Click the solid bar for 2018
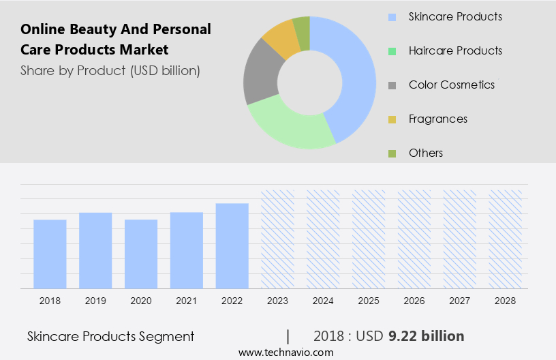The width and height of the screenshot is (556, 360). (x=50, y=254)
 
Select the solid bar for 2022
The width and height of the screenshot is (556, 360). (x=232, y=245)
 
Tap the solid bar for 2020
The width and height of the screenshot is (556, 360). (x=141, y=254)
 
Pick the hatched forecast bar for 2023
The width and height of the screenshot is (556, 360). (x=278, y=239)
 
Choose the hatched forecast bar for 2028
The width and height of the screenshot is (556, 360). (x=506, y=239)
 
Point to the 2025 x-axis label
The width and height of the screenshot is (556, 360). (x=369, y=300)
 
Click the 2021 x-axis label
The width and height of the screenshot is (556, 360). (x=187, y=300)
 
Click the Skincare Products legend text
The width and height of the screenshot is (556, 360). (x=455, y=16)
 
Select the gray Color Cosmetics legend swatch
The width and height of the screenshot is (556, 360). (x=391, y=85)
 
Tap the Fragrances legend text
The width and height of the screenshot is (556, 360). (x=438, y=119)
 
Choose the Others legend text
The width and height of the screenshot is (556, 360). (x=426, y=153)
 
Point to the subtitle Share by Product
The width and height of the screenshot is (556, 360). (x=110, y=70)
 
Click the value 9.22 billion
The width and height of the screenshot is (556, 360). (x=426, y=336)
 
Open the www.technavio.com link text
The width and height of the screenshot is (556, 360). (x=285, y=352)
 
